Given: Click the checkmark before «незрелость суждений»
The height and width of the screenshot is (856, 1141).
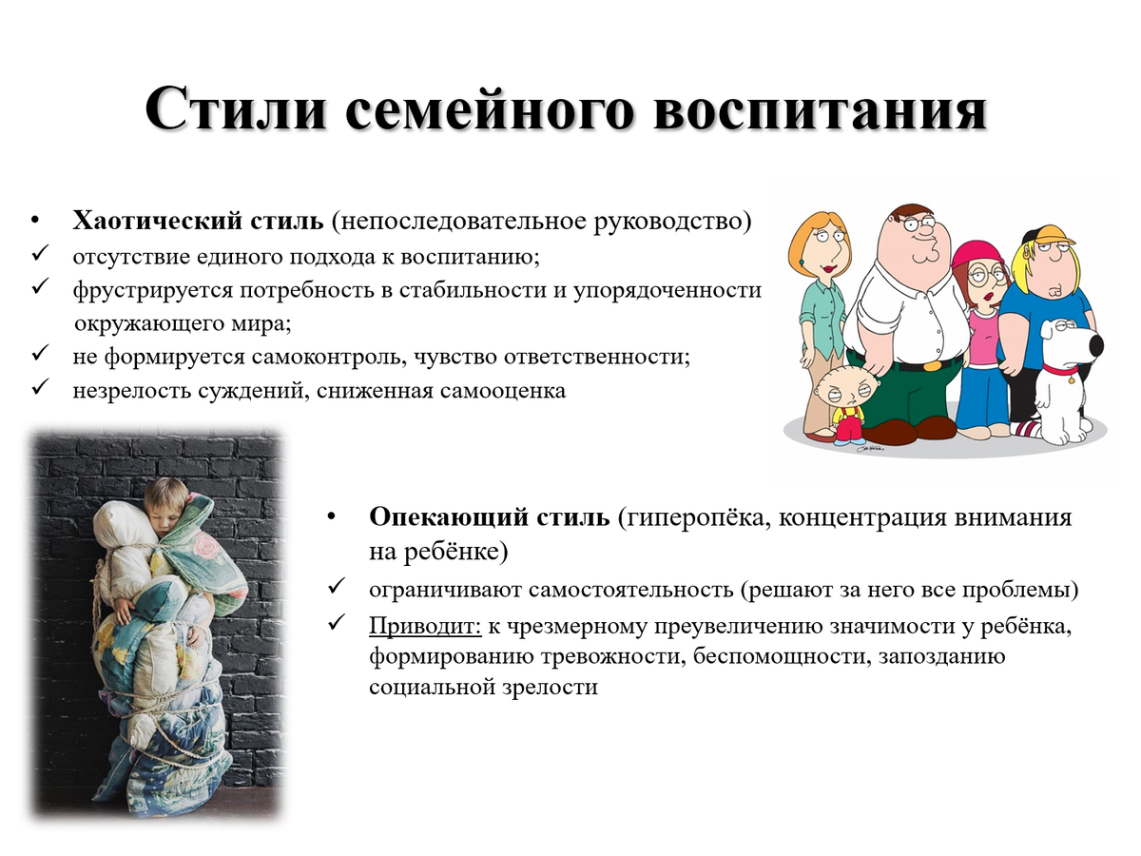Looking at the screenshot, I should point(39,389).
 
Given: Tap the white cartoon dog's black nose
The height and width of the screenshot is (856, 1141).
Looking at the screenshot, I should point(1095,344).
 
